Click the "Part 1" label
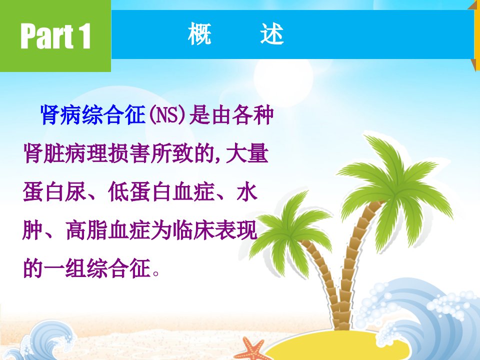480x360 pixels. (x=55, y=36)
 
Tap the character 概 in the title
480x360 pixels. (x=199, y=33)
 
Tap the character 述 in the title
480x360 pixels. (x=272, y=33)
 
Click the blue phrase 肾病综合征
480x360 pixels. (x=93, y=115)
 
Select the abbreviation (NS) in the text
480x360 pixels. (x=167, y=115)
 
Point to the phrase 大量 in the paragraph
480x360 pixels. (x=247, y=153)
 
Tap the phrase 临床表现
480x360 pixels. (x=215, y=230)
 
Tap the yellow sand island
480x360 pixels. (x=336, y=345)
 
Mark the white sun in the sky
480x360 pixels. (x=283, y=77)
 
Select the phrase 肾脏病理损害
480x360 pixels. (x=86, y=153)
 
